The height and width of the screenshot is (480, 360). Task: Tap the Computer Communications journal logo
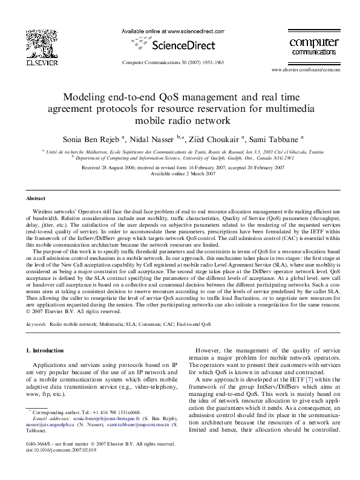[313, 46]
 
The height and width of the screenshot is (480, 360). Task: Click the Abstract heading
[36, 198]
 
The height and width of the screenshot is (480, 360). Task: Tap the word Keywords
[36, 324]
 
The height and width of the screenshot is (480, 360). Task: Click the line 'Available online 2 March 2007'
[180, 173]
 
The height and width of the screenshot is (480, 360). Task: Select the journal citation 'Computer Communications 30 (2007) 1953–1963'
[173, 62]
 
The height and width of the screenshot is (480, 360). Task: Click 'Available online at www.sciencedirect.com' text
[173, 30]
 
